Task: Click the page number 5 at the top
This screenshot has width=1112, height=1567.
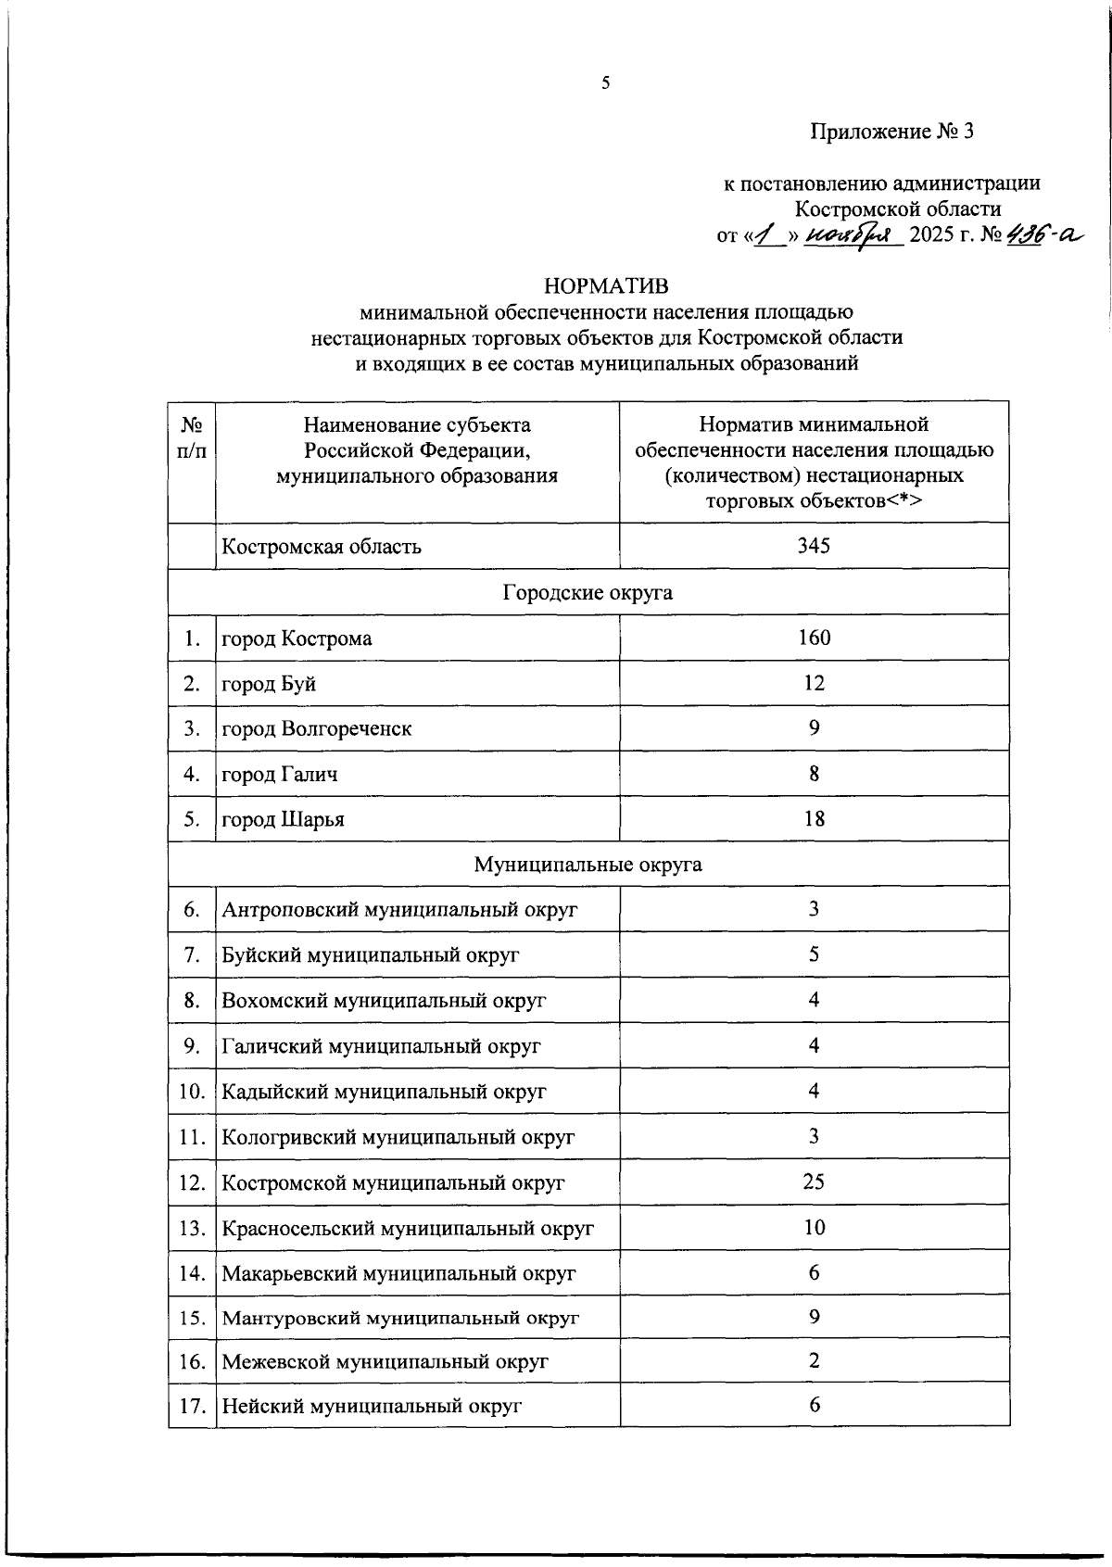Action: click(606, 83)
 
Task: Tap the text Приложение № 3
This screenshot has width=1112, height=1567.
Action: click(892, 132)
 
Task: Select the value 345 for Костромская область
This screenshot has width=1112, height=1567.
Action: click(814, 546)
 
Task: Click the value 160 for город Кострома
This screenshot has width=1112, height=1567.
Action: click(814, 638)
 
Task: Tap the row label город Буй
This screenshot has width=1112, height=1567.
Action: click(269, 684)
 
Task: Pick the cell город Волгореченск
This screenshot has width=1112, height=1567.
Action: click(316, 729)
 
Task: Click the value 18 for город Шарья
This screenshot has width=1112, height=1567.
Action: click(814, 819)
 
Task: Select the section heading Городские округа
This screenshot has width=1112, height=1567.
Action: click(588, 592)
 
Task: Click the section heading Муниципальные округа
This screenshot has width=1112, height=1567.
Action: click(588, 865)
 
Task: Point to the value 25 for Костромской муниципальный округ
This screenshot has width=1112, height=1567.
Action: click(814, 1182)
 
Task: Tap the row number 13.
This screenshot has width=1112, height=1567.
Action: click(192, 1228)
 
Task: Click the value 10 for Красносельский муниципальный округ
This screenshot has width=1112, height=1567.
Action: click(814, 1227)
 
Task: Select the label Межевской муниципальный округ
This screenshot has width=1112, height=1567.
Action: click(385, 1362)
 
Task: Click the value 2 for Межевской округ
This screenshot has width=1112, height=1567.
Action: click(814, 1361)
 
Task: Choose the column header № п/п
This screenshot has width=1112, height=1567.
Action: click(192, 437)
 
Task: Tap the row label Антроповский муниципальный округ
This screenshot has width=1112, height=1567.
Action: click(399, 910)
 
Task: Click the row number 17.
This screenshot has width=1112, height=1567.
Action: click(192, 1407)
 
